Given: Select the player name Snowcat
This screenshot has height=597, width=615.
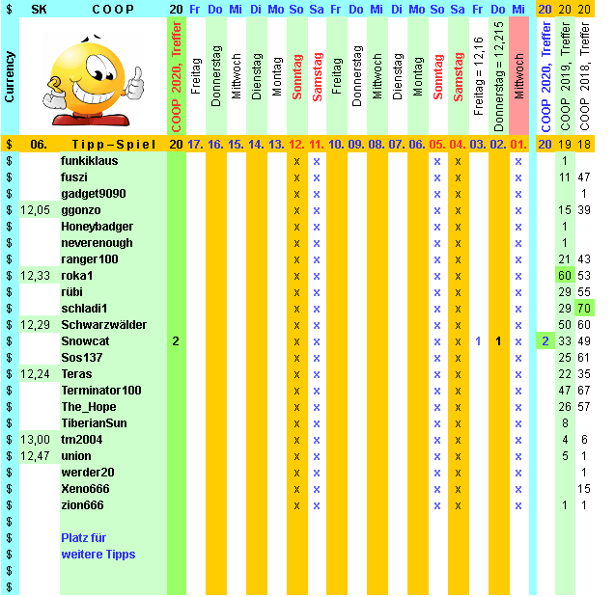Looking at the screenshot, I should [x=85, y=341].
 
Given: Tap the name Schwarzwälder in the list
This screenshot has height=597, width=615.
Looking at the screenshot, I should [x=103, y=325].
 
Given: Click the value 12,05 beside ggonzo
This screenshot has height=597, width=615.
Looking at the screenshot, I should [x=36, y=210].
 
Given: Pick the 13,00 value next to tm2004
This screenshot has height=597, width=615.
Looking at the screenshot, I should [x=36, y=440].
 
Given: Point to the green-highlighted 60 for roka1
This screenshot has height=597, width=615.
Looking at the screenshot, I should [x=565, y=276].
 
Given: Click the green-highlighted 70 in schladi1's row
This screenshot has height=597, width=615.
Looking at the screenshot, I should [x=584, y=309].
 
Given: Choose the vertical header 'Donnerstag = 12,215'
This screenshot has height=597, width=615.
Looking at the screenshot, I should [x=498, y=73].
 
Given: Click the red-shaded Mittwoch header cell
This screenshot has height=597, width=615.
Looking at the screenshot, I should [x=518, y=72].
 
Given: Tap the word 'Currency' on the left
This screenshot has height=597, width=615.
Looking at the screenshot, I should [x=9, y=77].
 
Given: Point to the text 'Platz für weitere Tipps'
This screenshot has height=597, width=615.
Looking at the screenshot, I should [x=98, y=546].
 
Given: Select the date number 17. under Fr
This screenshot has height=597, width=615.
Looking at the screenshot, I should [x=195, y=145].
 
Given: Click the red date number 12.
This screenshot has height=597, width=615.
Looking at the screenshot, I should [x=296, y=145].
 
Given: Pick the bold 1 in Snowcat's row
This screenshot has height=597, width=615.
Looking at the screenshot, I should [x=498, y=341].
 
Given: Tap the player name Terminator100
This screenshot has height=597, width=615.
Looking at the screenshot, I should [x=101, y=391].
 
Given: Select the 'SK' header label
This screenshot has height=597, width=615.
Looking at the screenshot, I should [x=39, y=9].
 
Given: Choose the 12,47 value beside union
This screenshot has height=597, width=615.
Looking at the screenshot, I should [x=36, y=456].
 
